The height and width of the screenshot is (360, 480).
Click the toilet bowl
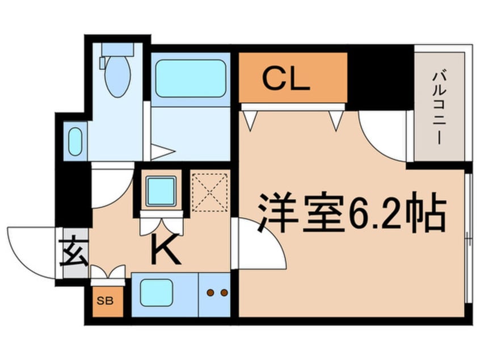click(x=118, y=77)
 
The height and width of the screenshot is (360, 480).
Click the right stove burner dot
click(x=224, y=293)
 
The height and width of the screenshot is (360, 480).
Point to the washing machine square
click(x=161, y=191)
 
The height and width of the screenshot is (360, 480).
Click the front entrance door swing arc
click(x=31, y=250)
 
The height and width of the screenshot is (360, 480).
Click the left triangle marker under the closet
click(x=250, y=119)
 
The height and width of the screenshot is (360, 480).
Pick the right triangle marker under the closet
click(x=336, y=119)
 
